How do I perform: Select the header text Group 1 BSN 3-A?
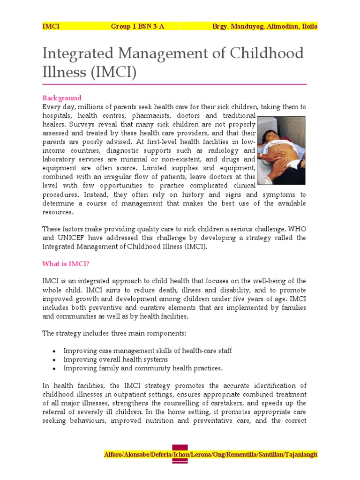point(138,26)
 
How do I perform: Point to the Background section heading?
point(62,98)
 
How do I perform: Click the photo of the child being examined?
point(281,150)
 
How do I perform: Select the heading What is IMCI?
point(66,264)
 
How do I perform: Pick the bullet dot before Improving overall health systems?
point(55,360)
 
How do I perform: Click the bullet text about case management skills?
point(148,351)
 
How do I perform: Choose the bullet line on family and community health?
point(143,368)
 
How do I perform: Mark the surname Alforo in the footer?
point(115,455)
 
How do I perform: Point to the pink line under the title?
point(174,84)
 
